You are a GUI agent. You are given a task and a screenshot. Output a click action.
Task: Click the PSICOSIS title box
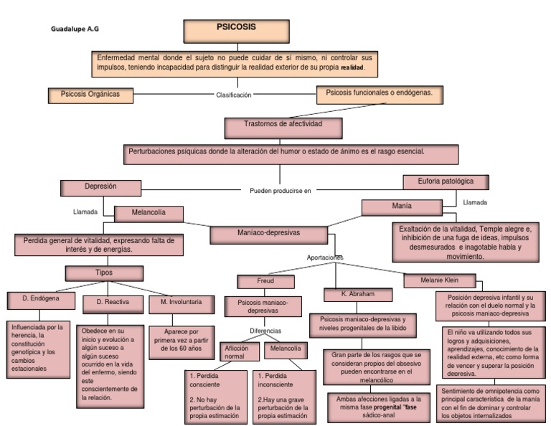click(x=236, y=31)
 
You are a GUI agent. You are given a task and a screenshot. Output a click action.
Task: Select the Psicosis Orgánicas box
click(x=90, y=95)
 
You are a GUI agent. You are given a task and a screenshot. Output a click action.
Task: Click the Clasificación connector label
click(x=234, y=95)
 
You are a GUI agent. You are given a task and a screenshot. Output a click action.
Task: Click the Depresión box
click(x=100, y=187)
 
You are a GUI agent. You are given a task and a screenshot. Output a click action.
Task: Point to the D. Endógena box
click(x=39, y=299)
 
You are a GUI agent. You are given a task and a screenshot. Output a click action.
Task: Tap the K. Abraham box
click(x=358, y=294)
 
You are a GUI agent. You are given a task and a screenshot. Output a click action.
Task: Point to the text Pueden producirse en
click(x=281, y=191)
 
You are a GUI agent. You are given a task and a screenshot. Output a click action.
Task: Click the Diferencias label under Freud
click(x=265, y=331)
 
